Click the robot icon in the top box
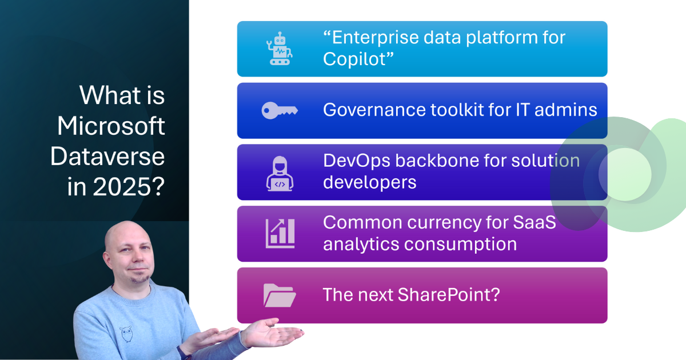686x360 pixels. (280, 49)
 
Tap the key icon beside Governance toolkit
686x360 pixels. (280, 110)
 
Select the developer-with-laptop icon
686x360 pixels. (280, 174)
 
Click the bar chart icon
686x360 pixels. (280, 233)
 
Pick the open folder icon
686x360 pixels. (280, 295)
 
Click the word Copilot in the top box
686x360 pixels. (356, 59)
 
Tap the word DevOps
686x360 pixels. (357, 161)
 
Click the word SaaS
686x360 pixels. (534, 222)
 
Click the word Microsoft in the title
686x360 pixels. (111, 126)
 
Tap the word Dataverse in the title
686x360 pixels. (107, 157)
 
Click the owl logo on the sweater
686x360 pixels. (126, 334)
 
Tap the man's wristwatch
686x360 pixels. (183, 353)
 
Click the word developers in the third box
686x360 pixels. (370, 183)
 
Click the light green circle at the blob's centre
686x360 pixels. (625, 174)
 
